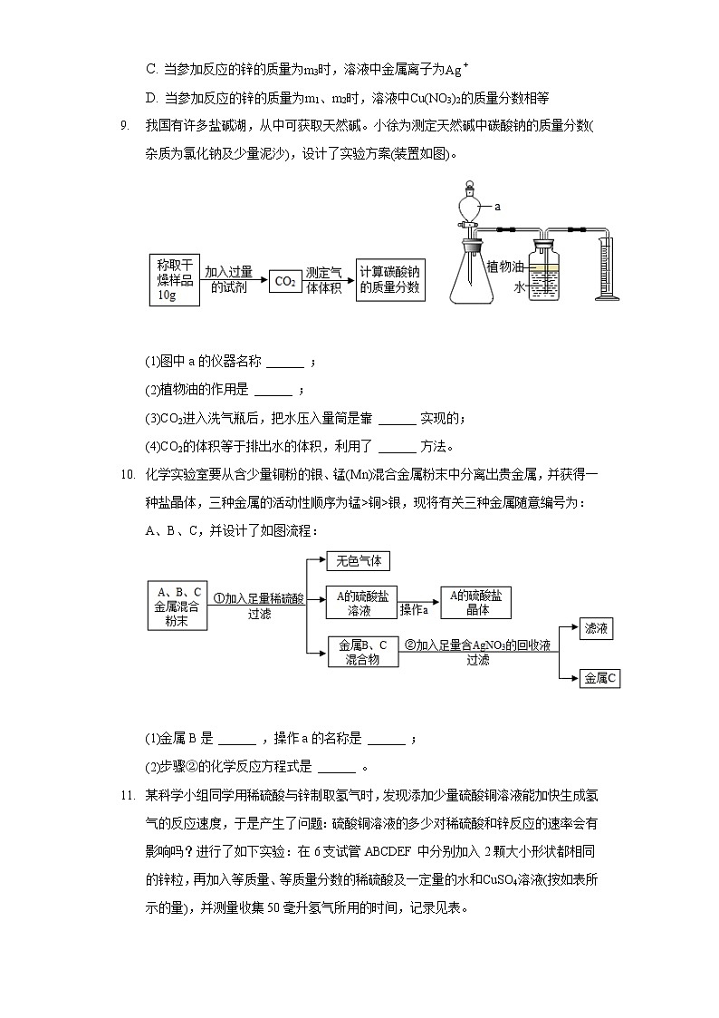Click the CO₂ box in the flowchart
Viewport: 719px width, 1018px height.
coord(285,281)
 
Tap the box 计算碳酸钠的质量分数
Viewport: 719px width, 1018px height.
coord(389,279)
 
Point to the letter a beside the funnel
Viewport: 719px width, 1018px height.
coord(497,207)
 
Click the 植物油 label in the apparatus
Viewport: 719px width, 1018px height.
coord(505,267)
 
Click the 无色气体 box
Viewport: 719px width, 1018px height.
coord(358,561)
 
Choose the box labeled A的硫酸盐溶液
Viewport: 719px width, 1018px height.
coord(359,603)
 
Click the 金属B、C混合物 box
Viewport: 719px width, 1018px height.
coord(361,652)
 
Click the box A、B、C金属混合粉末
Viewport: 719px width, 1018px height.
coord(177,605)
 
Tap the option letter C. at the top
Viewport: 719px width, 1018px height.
coord(152,69)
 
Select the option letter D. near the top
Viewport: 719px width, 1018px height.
coord(152,98)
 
